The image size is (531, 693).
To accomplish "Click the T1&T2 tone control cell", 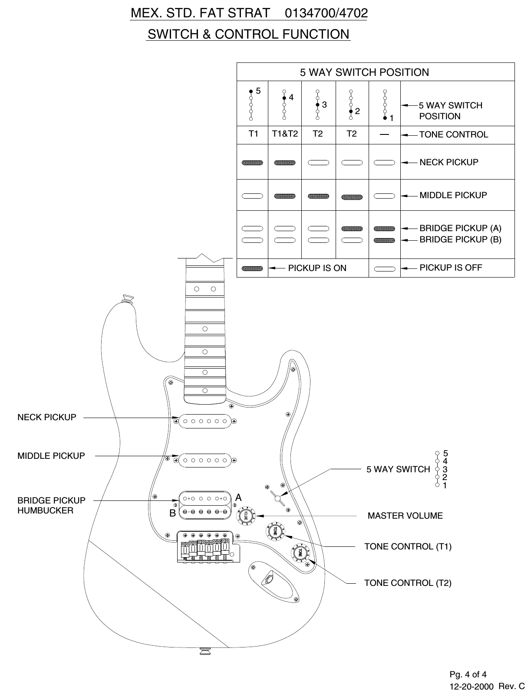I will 285,134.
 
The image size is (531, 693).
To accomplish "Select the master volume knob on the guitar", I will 246,515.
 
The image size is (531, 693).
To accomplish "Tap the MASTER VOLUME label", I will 405,516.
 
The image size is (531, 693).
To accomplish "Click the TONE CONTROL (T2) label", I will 408,583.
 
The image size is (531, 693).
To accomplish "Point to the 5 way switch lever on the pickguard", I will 278,498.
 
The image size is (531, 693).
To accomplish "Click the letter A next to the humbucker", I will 238,497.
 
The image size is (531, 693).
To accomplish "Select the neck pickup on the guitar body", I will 204,421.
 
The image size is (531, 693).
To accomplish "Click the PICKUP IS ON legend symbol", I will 252,268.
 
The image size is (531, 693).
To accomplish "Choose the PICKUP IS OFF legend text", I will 450,268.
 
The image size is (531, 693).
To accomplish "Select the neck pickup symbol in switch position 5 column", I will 252,163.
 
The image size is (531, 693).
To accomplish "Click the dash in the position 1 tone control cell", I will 384,134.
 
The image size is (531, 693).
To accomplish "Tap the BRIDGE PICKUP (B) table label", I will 460,239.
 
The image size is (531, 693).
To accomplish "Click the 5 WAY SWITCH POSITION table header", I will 364,72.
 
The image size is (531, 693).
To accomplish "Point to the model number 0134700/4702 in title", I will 326,13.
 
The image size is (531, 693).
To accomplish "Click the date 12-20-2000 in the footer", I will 471,687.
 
